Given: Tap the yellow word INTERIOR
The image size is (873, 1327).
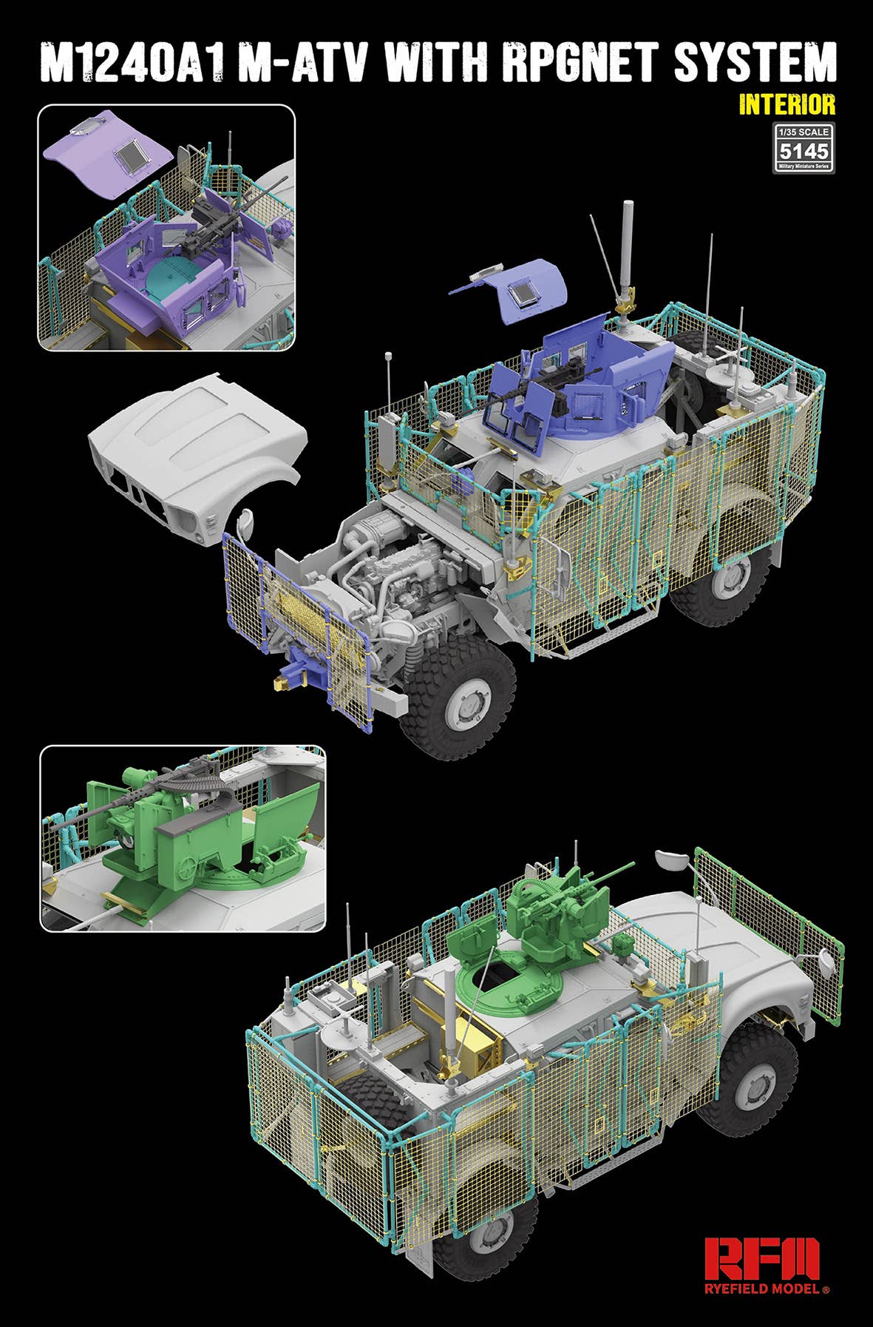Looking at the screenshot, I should (787, 104).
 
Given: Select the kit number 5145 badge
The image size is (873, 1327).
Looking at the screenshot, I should (804, 151).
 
